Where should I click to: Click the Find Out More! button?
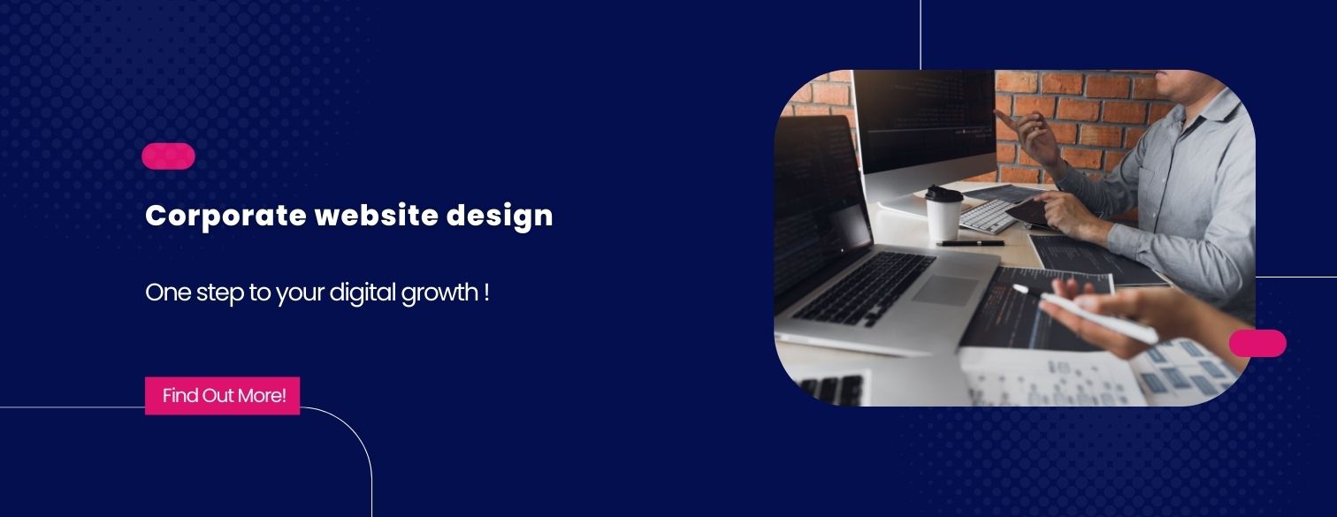click(222, 395)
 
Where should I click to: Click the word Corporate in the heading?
click(225, 216)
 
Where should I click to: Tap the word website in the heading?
click(377, 215)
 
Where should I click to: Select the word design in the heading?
click(500, 216)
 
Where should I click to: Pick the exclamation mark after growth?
click(486, 293)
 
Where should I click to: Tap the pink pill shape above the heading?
click(168, 156)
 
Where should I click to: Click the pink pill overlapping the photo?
click(1257, 343)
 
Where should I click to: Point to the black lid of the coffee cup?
click(944, 194)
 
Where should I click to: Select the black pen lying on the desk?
click(970, 243)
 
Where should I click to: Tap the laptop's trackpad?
click(945, 291)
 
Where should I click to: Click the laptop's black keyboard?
click(864, 288)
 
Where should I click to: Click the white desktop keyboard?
click(988, 216)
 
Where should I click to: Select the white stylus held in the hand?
click(1085, 314)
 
